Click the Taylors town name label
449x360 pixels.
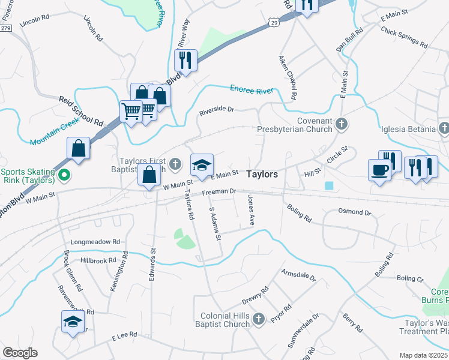coord(262,174)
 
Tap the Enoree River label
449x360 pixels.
coord(252,89)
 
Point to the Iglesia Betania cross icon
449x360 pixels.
coord(444,128)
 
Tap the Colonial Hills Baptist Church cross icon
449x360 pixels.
coord(258,317)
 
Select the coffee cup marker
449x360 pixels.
coord(379,170)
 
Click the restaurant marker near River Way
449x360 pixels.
coord(185,60)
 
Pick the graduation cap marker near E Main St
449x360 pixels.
coord(202,165)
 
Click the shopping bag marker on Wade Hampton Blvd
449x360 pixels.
coord(79,148)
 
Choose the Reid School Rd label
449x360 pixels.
coord(81,111)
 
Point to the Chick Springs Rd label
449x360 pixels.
coord(403,38)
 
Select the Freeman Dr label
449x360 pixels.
coord(218,192)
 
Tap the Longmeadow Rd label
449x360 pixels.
coord(96,242)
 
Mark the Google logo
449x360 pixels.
coord(20,353)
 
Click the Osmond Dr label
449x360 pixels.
coord(355,212)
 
